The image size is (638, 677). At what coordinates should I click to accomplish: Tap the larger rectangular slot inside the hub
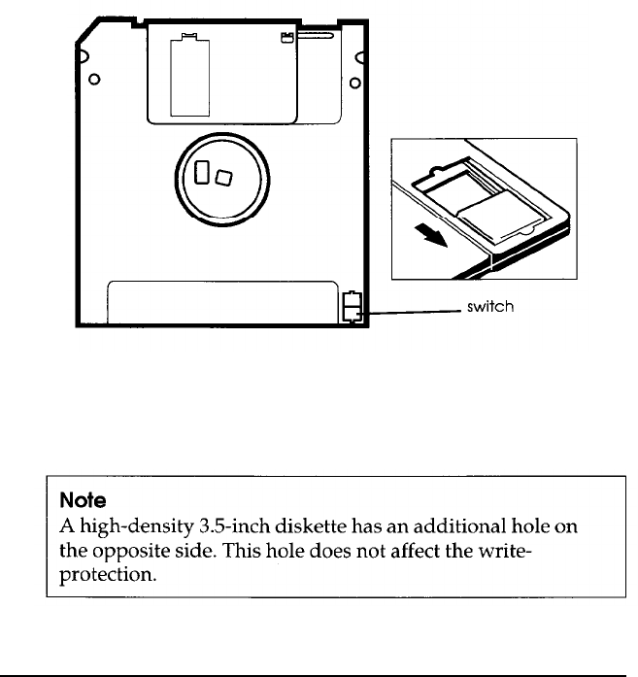pos(203,172)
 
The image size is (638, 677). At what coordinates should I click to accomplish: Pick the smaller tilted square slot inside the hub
pos(224,178)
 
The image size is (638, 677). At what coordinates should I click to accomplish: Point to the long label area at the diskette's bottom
pos(222,302)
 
